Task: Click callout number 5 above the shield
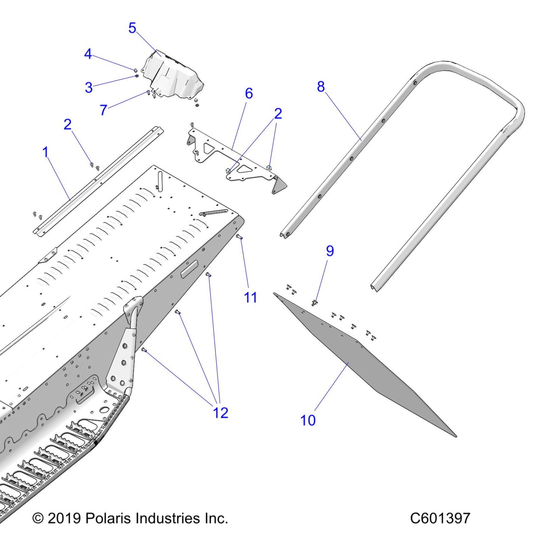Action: point(132,28)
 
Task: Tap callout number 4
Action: point(88,54)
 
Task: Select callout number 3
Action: point(89,87)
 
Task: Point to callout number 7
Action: point(104,110)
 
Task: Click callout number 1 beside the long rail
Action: point(45,152)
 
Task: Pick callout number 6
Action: point(249,93)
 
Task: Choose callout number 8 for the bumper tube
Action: point(321,86)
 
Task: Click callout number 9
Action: point(330,251)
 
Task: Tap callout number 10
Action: point(308,420)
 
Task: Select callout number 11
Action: point(250,298)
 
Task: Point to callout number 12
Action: point(220,413)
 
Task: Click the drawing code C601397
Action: point(440,518)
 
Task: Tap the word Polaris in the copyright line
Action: point(108,518)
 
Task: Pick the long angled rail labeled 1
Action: point(98,181)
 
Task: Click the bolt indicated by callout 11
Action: point(239,236)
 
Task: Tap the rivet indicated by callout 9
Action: point(314,303)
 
